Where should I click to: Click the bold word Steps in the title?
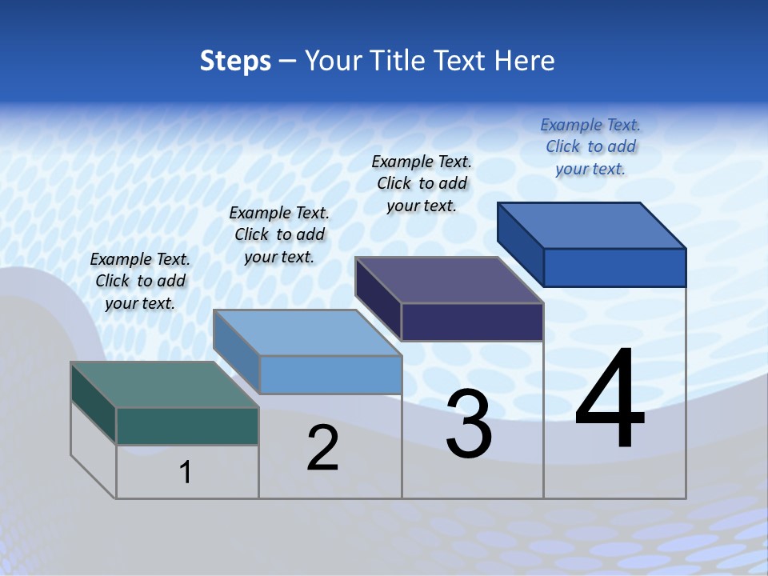(235, 61)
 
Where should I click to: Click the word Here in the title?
(524, 61)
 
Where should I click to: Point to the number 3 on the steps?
(469, 424)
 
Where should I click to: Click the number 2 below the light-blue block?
(322, 448)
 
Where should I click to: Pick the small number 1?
(186, 472)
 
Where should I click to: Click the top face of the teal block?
(164, 385)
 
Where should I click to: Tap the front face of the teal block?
(187, 426)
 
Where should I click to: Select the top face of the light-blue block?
(307, 333)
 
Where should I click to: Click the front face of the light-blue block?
(330, 374)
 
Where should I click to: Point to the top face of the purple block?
(449, 280)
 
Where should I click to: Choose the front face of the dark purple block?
(472, 322)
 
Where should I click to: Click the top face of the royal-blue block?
(591, 226)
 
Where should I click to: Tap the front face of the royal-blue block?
(614, 267)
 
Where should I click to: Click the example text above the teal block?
(140, 281)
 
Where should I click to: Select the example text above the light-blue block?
(279, 234)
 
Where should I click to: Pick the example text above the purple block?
(422, 183)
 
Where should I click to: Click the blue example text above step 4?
(590, 146)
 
